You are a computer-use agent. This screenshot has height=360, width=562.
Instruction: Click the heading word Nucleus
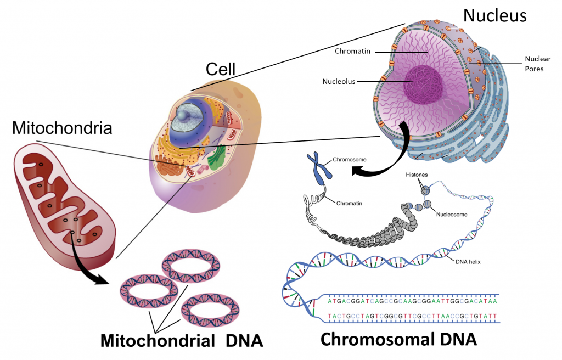494,15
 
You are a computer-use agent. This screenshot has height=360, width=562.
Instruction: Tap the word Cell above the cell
220,69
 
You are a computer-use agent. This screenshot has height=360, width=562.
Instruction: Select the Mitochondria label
61,128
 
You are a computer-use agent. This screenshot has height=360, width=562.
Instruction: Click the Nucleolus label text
339,82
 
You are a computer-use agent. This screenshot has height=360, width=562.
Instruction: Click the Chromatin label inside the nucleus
353,52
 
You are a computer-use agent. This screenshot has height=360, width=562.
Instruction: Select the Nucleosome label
452,215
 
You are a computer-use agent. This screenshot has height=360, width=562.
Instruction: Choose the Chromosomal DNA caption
398,339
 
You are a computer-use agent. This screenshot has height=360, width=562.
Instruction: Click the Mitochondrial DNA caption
182,340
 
